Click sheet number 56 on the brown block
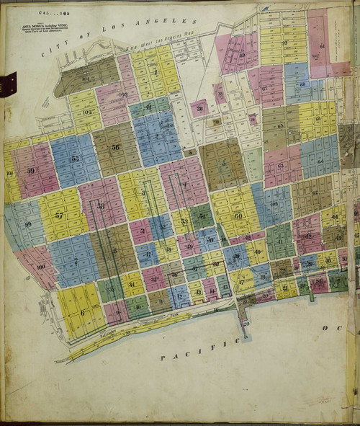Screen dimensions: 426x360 click(x=115, y=147)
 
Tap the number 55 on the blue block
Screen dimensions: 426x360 click(x=75, y=159)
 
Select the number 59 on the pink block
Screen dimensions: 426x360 click(x=30, y=171)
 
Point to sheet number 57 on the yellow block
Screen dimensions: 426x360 click(x=59, y=216)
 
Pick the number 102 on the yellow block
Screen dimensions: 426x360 click(x=86, y=112)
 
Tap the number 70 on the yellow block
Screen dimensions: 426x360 click(x=284, y=43)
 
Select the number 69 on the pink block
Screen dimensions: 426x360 click(x=241, y=55)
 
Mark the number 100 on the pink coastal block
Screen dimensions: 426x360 click(x=40, y=267)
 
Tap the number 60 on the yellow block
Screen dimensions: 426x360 click(x=238, y=216)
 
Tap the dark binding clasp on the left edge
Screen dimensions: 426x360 click(x=9, y=84)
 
